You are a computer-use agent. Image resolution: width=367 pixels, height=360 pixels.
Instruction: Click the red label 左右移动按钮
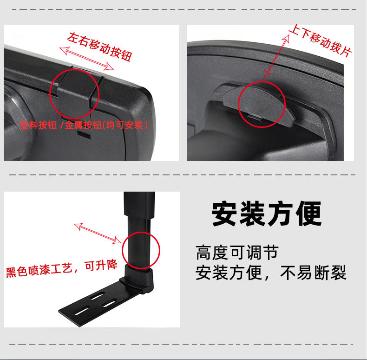pyautogui.click(x=100, y=47)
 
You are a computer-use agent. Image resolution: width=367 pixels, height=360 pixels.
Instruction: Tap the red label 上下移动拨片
pyautogui.click(x=320, y=40)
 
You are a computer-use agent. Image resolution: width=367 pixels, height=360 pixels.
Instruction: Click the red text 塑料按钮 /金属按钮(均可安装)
pyautogui.click(x=84, y=125)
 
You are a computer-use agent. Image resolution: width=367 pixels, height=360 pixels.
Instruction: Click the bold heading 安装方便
pyautogui.click(x=267, y=213)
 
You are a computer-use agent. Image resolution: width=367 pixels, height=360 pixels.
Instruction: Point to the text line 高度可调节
pyautogui.click(x=237, y=253)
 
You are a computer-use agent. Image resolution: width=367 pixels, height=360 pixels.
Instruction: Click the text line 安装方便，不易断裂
pyautogui.click(x=271, y=273)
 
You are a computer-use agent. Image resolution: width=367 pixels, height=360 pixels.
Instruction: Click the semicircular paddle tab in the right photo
pyautogui.click(x=259, y=106)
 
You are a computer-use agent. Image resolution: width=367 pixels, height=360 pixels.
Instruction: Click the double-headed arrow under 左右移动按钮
pyautogui.click(x=86, y=59)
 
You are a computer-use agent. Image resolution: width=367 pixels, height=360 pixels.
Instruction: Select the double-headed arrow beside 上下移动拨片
pyautogui.click(x=276, y=56)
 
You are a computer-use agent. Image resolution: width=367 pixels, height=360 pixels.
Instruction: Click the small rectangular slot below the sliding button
pyautogui.click(x=84, y=135)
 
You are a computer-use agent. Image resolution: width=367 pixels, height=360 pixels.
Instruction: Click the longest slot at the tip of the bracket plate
pyautogui.click(x=81, y=311)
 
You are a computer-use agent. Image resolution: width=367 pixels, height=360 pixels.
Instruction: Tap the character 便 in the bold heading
pyautogui.click(x=309, y=213)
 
